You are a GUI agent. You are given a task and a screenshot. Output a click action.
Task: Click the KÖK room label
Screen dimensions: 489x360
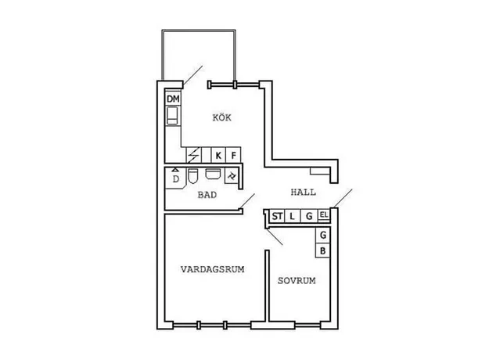221,117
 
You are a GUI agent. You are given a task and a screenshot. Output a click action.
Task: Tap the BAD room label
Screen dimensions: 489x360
207,195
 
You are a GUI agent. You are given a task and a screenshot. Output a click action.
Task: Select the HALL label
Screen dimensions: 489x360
303,193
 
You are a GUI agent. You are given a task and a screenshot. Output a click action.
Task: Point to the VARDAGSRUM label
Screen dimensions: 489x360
212,269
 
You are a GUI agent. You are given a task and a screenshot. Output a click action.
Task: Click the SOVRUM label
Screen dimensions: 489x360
297,281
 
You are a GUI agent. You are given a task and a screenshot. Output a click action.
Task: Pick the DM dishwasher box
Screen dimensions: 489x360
173,99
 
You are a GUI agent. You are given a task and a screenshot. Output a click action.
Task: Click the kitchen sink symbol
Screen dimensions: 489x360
173,116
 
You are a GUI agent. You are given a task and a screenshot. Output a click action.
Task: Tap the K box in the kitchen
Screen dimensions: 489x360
218,155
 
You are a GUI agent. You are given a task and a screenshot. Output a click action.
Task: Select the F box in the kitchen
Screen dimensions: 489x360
234,155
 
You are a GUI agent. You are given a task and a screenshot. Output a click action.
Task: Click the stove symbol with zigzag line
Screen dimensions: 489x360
194,155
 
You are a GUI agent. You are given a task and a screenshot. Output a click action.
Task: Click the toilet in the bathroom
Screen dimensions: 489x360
193,176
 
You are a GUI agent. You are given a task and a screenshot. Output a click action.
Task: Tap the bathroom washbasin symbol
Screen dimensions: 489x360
213,174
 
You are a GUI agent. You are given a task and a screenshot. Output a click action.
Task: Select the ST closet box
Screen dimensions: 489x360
277,216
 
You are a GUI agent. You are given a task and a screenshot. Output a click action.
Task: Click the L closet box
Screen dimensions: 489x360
292,216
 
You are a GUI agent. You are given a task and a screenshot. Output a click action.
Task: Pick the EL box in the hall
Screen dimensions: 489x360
324,215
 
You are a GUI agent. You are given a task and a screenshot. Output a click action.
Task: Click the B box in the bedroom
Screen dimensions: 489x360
323,250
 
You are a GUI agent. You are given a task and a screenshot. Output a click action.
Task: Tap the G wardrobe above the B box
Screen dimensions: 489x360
323,236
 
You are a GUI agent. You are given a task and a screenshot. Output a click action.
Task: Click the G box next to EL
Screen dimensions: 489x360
309,216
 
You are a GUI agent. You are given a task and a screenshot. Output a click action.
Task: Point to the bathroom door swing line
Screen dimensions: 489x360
247,201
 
